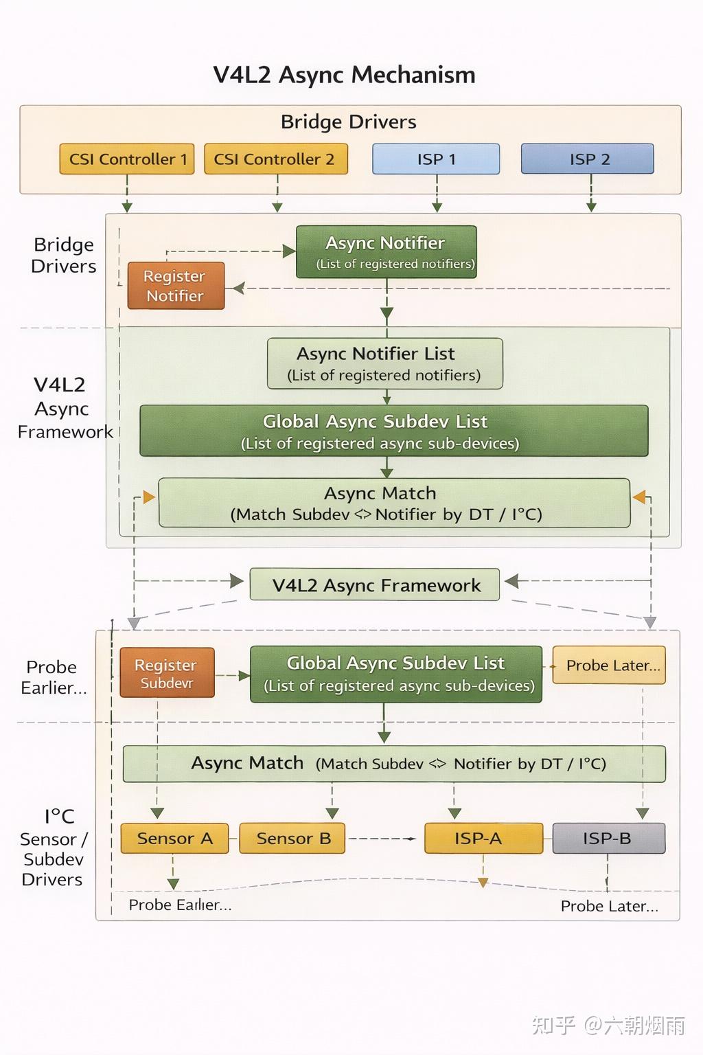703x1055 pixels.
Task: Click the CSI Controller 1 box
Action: coord(126,159)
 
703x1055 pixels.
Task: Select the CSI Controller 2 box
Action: coord(276,159)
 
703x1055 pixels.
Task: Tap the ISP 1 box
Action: coord(436,159)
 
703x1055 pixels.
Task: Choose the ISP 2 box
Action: coord(588,159)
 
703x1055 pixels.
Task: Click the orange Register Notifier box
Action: coord(176,286)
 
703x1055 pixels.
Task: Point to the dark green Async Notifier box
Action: coord(386,252)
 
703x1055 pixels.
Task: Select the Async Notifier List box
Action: coord(384,363)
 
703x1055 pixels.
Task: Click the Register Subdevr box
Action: coord(167,672)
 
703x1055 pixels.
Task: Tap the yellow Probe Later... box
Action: coord(610,665)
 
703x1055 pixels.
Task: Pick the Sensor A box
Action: coord(174,839)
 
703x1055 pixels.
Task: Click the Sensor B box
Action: coord(292,839)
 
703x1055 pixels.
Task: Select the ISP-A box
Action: coord(483,839)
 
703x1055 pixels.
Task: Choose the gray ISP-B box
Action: coord(609,839)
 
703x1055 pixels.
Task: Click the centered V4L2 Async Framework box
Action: coord(375,585)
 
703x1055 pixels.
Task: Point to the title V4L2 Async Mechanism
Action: coord(344,74)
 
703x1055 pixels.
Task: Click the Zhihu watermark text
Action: coord(608,1025)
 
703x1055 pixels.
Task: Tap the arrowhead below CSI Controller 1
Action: coord(126,207)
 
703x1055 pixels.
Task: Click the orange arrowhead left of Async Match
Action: coord(149,497)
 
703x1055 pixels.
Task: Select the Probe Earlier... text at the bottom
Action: coord(181,905)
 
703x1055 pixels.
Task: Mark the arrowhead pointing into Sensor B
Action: coord(332,813)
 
